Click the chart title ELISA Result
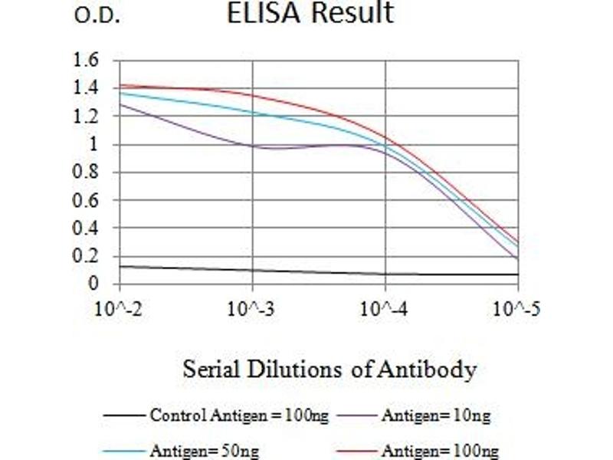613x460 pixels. (310, 13)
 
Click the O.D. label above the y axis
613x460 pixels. (97, 17)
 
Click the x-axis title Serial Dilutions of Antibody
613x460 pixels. (329, 370)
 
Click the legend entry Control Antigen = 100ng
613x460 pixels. (239, 416)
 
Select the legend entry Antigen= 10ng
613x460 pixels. (435, 416)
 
